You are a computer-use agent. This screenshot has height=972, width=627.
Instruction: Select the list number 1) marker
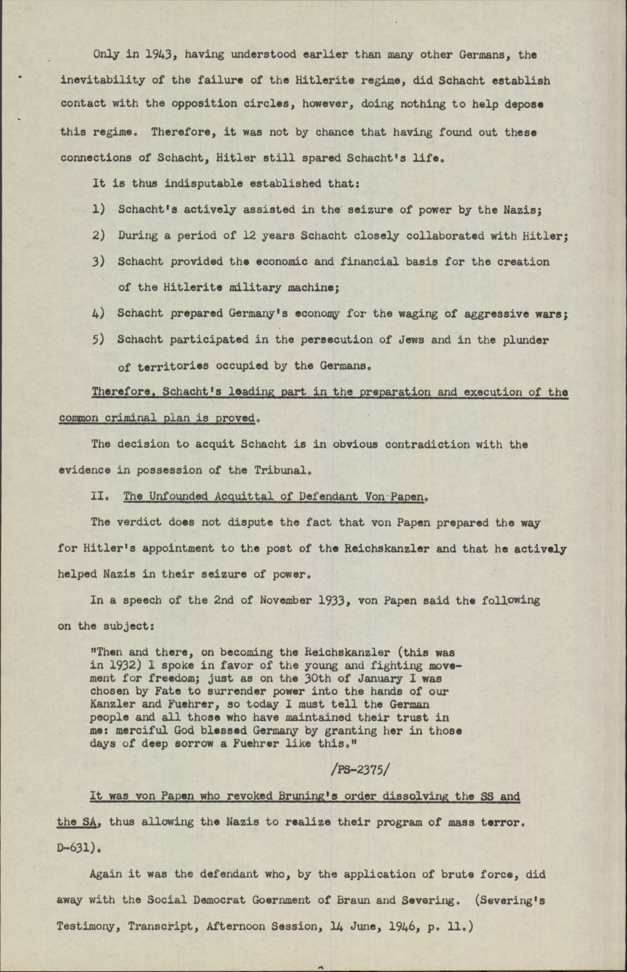(99, 210)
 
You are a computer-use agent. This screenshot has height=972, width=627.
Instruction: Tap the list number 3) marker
(99, 262)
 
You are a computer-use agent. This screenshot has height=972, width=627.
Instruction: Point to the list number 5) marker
(99, 340)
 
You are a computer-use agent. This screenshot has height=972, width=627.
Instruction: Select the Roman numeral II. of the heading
(100, 497)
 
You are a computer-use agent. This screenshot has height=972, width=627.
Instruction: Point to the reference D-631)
(78, 848)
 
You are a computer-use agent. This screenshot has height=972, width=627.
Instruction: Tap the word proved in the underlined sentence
(236, 418)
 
